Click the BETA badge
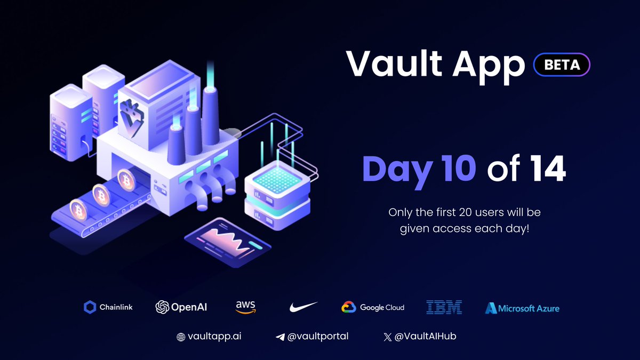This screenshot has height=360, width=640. (562, 65)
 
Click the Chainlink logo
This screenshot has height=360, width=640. (108, 307)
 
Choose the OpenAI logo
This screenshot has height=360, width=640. (181, 307)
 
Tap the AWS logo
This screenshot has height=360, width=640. (245, 307)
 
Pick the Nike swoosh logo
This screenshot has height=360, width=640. (303, 307)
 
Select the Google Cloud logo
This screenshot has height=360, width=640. (373, 307)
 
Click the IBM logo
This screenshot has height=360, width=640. (444, 307)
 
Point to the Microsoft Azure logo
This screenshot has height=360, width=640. (522, 308)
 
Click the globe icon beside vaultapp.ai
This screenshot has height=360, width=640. (181, 337)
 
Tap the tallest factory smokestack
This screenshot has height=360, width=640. (211, 115)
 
